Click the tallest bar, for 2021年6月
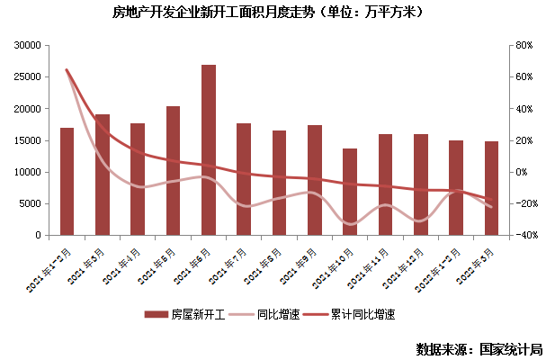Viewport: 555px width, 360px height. (208, 149)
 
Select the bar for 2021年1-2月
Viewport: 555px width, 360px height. (67, 181)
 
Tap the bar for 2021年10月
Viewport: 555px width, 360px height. (350, 192)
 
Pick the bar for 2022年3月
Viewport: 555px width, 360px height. (491, 188)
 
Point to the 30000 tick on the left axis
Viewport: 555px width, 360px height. (30, 45)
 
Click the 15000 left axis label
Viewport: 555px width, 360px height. (30, 140)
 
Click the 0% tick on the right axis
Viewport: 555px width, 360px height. (523, 172)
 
